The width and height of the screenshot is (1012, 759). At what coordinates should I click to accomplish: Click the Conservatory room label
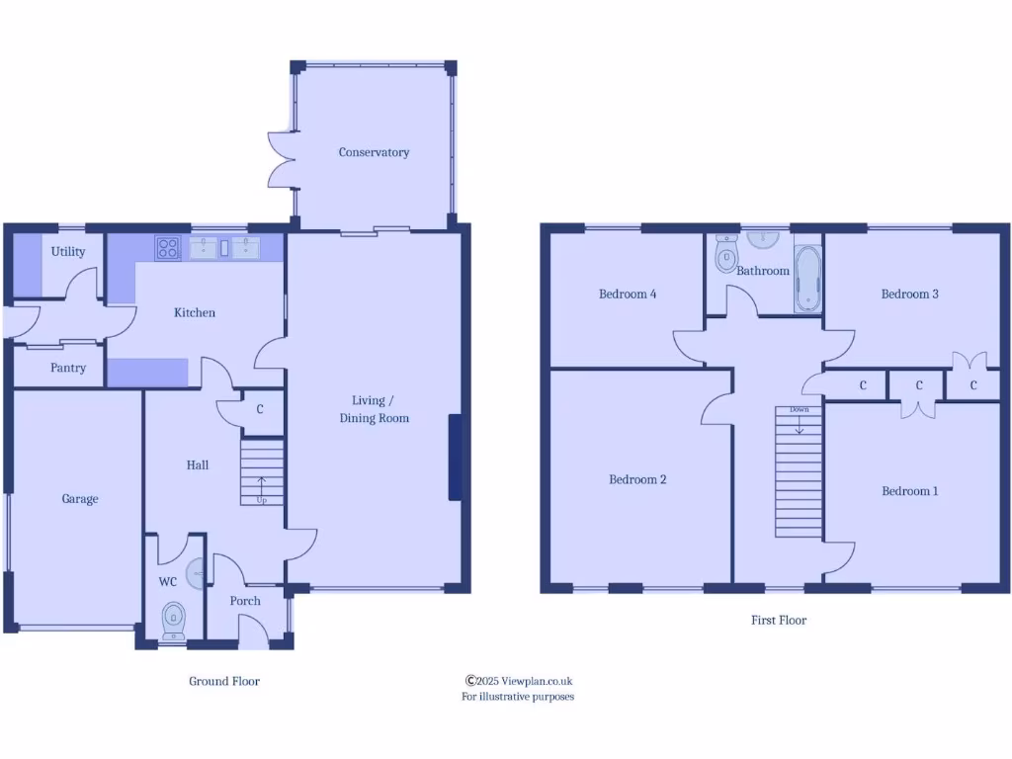[374, 152]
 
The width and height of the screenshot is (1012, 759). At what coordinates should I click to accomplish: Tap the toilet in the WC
[174, 618]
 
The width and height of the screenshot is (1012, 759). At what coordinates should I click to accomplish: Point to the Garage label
[80, 499]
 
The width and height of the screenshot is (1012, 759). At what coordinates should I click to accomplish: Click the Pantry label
[68, 368]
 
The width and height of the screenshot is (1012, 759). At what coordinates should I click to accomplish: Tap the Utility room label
[68, 251]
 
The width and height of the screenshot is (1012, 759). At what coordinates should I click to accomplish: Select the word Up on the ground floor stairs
[262, 500]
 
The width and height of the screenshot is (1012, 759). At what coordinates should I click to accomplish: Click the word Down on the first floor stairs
[799, 409]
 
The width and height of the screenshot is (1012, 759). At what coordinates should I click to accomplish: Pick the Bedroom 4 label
[628, 294]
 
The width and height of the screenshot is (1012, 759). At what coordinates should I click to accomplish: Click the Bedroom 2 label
[637, 479]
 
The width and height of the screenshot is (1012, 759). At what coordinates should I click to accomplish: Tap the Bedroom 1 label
[910, 491]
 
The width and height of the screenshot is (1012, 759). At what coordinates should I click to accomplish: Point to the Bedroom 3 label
[910, 294]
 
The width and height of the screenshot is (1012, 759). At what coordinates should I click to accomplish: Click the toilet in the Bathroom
[726, 255]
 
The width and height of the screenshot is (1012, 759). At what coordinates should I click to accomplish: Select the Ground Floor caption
[224, 681]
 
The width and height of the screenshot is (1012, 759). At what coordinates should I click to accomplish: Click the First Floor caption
[779, 621]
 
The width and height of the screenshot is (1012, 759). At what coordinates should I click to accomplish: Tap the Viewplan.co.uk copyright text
[519, 681]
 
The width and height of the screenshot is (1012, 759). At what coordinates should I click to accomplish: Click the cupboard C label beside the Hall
[260, 408]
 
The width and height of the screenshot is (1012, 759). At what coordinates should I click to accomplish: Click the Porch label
[245, 601]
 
